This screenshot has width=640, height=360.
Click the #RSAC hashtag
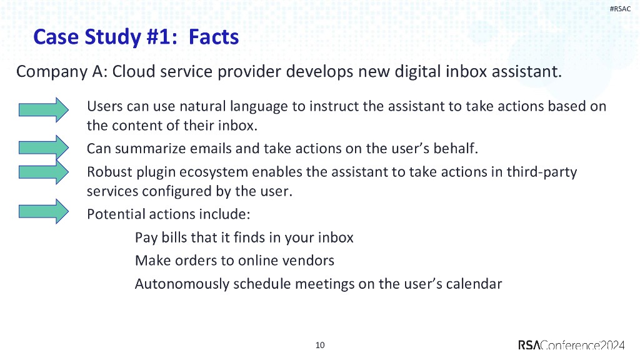(620, 8)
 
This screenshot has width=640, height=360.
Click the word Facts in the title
(214, 37)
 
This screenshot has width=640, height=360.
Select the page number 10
(320, 345)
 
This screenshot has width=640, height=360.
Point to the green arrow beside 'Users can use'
(43, 109)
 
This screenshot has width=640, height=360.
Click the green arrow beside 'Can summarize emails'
(43, 147)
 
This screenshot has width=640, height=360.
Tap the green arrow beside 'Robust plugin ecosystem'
(43, 171)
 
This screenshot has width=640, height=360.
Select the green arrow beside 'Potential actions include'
(43, 211)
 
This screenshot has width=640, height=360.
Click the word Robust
(109, 171)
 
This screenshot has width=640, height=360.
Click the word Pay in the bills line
(146, 238)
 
